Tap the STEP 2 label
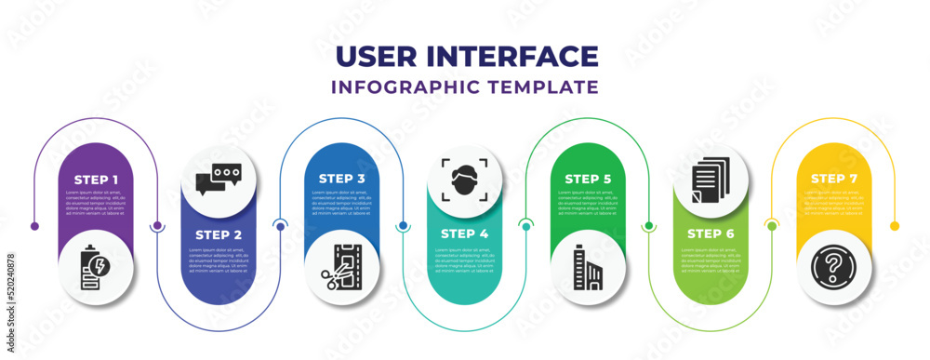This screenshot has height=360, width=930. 219,234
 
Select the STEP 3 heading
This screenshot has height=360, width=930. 341,178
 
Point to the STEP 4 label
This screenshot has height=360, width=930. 464,234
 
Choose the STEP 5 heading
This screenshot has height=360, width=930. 587,178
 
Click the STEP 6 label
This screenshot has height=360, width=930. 711,234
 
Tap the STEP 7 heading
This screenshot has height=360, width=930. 833,178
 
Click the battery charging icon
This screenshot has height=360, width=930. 96,267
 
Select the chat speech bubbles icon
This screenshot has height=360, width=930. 219,178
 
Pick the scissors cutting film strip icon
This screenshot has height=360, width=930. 341,267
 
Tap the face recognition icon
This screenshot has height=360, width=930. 464,178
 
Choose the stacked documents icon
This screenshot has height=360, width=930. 711,178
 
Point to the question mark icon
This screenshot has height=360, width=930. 833,267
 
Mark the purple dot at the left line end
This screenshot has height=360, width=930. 34,226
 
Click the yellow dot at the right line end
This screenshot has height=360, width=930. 895,226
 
